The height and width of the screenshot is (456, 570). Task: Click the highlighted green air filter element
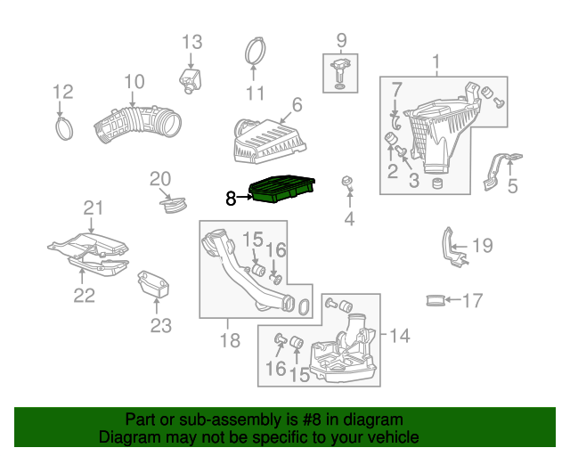[x=281, y=189]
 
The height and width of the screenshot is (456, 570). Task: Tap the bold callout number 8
[x=231, y=199]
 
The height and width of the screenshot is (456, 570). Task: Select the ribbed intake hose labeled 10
[x=137, y=124]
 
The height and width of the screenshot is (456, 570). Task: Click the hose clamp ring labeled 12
[x=64, y=129]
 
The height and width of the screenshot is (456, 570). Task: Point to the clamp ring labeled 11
[x=255, y=51]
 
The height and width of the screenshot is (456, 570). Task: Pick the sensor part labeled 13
[x=191, y=81]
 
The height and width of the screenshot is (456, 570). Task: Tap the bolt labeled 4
[x=348, y=184]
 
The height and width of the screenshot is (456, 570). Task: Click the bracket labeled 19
[x=452, y=248]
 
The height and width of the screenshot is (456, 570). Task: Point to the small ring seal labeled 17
[x=436, y=300]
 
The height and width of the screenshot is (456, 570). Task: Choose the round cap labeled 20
[x=174, y=206]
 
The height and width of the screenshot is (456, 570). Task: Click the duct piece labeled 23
[x=153, y=284]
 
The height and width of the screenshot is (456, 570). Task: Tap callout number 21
[x=94, y=208]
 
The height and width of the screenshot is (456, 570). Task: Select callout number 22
[x=85, y=296]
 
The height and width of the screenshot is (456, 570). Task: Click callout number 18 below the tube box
[x=230, y=340]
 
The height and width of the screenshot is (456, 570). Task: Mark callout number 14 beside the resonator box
[x=400, y=335]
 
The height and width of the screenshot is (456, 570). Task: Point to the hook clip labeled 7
[x=395, y=121]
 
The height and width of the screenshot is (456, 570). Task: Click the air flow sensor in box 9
[x=339, y=73]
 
